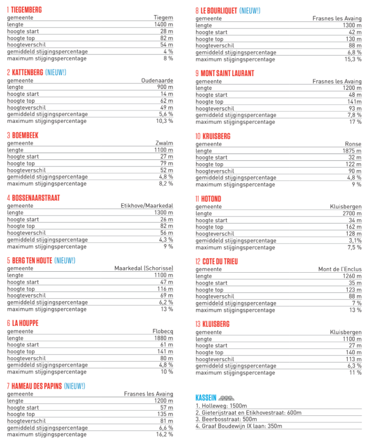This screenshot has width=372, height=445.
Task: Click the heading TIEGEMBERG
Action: [27, 10]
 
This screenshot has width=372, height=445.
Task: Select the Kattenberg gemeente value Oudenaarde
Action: [157, 81]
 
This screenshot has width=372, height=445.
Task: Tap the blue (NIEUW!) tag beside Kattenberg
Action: [56, 72]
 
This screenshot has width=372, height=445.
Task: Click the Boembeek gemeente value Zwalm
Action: [164, 143]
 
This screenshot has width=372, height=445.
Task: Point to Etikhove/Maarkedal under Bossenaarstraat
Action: [147, 206]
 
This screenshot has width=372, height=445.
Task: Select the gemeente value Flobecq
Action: [162, 331]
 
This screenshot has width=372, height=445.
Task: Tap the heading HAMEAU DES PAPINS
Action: [37, 386]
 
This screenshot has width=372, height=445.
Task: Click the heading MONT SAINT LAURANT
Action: [227, 73]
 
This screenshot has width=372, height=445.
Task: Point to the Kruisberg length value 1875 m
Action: [352, 151]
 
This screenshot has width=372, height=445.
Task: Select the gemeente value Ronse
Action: [353, 144]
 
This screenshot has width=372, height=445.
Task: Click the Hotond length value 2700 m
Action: [352, 214]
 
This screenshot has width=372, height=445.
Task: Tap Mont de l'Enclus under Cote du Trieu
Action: [340, 269]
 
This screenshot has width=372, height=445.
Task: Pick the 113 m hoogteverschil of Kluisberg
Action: [354, 359]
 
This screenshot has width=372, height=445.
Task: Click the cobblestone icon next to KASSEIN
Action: [226, 398]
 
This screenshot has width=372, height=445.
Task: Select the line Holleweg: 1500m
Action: [221, 406]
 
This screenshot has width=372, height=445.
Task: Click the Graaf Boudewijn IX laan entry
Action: [239, 426]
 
